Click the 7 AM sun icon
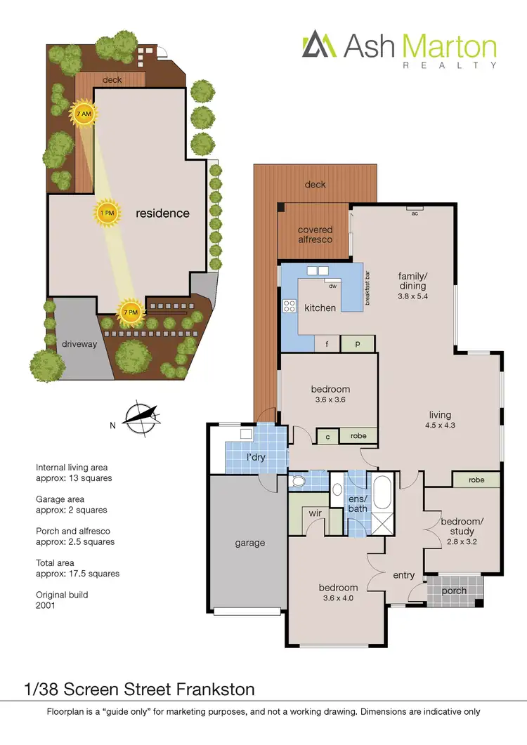pyautogui.click(x=84, y=114)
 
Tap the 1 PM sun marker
pyautogui.click(x=107, y=213)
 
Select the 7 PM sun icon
pyautogui.click(x=130, y=312)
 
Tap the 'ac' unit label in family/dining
pyautogui.click(x=415, y=213)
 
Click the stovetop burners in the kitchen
pyautogui.click(x=289, y=305)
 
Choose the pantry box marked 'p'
pyautogui.click(x=357, y=344)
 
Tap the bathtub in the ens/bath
pyautogui.click(x=383, y=494)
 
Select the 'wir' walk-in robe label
pyautogui.click(x=315, y=513)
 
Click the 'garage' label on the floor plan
pyautogui.click(x=249, y=543)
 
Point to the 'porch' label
pyautogui.click(x=454, y=591)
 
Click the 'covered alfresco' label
pyautogui.click(x=315, y=234)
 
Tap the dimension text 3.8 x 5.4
pyautogui.click(x=413, y=296)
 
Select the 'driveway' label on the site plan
pyautogui.click(x=79, y=345)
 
